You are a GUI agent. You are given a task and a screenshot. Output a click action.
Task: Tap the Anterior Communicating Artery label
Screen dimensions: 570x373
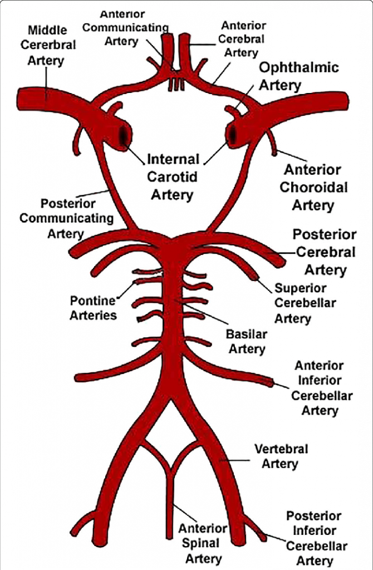point(125,27)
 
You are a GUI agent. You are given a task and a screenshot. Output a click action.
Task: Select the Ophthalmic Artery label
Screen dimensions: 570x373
point(299,76)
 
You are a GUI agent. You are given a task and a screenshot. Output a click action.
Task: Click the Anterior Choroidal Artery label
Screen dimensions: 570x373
point(313,187)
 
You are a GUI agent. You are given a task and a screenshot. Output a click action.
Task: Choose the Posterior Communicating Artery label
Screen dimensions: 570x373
point(66,218)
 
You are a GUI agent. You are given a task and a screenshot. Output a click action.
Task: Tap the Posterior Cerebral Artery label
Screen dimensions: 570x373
point(325,252)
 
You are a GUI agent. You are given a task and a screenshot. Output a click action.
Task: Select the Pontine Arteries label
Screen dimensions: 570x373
point(93,308)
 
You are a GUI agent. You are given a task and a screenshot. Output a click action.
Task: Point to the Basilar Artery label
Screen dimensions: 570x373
point(247,342)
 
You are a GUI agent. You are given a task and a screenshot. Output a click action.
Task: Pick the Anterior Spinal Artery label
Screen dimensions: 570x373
point(202,543)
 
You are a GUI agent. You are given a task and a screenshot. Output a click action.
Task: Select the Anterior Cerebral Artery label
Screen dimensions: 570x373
point(243,39)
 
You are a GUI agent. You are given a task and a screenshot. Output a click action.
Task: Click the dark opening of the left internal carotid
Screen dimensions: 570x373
point(123,135)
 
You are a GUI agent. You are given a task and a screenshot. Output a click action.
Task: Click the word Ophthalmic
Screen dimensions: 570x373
point(299,68)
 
